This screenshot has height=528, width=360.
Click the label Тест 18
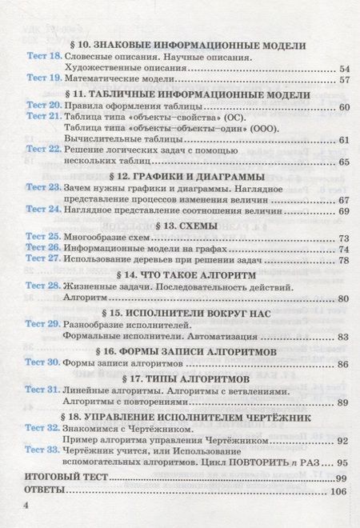pos(42,57)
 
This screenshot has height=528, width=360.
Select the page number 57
pos(345,80)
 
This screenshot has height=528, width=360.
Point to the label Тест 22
pos(42,150)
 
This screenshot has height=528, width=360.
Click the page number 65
pos(345,162)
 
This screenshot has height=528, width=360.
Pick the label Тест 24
pos(42,210)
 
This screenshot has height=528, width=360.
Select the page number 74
pos(345,250)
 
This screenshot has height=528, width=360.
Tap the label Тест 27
pos(42,261)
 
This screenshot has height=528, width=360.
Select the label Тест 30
pos(42,364)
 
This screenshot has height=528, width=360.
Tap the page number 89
pos(345,402)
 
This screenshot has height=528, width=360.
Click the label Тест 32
pos(42,427)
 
